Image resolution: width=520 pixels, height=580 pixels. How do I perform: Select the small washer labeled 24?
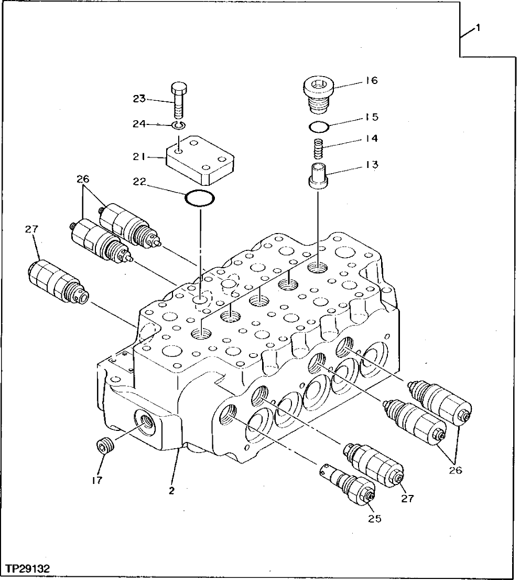tap(179, 125)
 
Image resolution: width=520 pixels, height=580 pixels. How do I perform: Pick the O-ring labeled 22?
tap(200, 199)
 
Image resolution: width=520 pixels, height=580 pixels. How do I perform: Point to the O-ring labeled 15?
tap(318, 126)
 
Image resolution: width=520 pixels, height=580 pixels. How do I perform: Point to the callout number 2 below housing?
tap(171, 491)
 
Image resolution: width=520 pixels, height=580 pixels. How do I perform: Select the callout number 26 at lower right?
tap(455, 470)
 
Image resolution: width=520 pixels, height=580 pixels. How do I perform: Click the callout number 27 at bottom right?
tap(407, 499)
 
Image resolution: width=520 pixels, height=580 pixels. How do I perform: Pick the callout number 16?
tap(372, 81)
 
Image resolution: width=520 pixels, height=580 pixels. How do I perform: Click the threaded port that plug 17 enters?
tap(146, 421)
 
